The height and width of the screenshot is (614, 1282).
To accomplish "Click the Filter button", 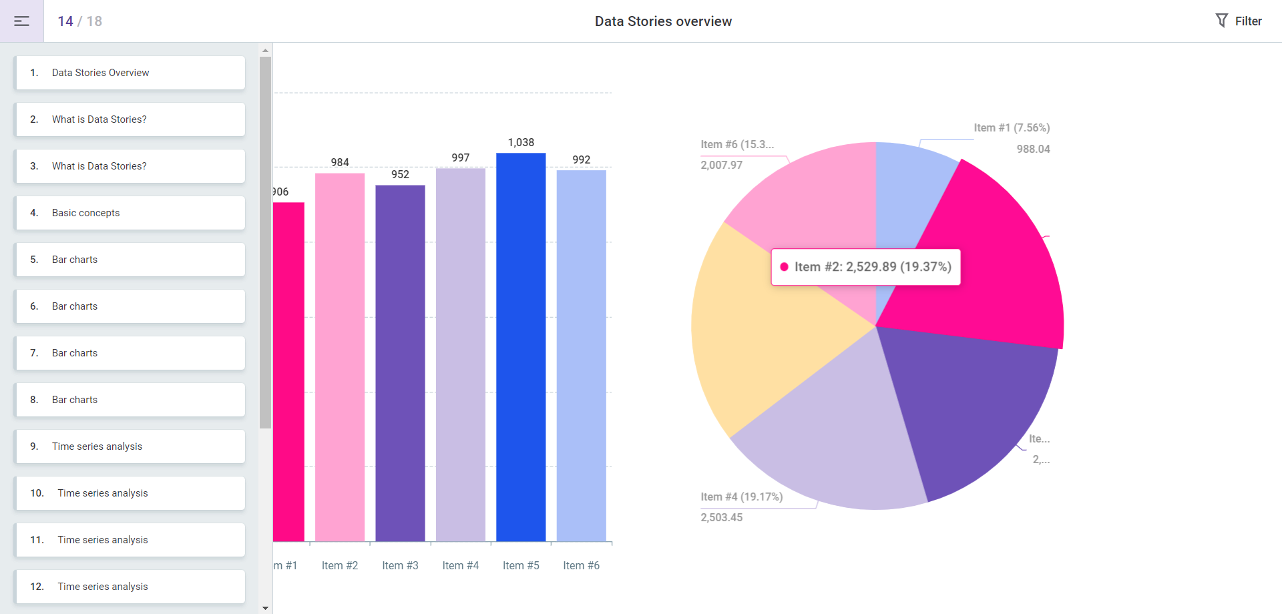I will [x=1239, y=21].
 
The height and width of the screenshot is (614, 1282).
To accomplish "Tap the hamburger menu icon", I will [x=21, y=21].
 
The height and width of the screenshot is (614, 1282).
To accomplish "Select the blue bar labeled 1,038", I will [x=521, y=347].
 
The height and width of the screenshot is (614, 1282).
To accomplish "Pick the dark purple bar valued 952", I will [x=400, y=364].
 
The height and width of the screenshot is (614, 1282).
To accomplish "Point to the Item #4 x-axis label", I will [x=461, y=565].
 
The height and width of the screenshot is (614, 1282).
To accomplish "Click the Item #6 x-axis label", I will [x=581, y=565].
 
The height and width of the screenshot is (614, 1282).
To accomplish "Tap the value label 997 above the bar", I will [x=461, y=158].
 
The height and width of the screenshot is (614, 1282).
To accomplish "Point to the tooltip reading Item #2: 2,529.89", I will [x=865, y=267].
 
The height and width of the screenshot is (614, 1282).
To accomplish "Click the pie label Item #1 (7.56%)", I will [x=1012, y=127].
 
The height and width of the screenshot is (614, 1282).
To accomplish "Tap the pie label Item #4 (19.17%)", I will [x=741, y=497].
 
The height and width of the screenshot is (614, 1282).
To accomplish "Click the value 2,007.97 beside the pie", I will [x=721, y=165].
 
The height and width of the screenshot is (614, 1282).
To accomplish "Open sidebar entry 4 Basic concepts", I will [x=130, y=213].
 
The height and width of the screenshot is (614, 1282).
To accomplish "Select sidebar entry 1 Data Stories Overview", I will [x=130, y=73].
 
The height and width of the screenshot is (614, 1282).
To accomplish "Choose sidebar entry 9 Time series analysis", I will [x=130, y=446].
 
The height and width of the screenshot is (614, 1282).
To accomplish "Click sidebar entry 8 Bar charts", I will [x=130, y=400].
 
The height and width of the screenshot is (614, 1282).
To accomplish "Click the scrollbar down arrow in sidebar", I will [x=266, y=608].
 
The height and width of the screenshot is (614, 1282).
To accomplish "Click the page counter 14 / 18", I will [x=79, y=21].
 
